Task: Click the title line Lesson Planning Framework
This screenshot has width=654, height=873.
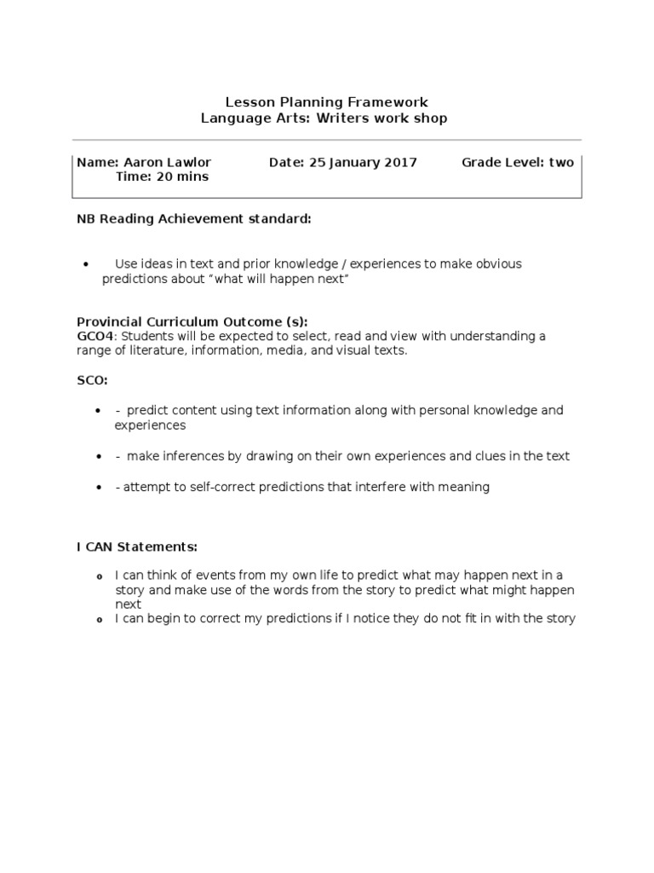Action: coord(326,102)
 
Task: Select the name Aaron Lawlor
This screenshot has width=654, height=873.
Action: coord(167,162)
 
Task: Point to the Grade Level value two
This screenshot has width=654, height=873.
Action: coord(561,162)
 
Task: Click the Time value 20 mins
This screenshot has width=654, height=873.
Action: coord(180,176)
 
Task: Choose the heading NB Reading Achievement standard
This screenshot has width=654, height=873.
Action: coord(194,219)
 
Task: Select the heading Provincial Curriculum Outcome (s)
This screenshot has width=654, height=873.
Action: coord(192,321)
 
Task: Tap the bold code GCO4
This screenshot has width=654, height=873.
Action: coord(95,336)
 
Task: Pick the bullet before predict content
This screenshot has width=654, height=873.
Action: coord(98,411)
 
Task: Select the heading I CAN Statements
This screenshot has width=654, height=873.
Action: coord(137,546)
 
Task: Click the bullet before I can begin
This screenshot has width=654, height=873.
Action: coord(99,620)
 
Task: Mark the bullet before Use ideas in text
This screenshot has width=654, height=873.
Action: coord(88,264)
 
